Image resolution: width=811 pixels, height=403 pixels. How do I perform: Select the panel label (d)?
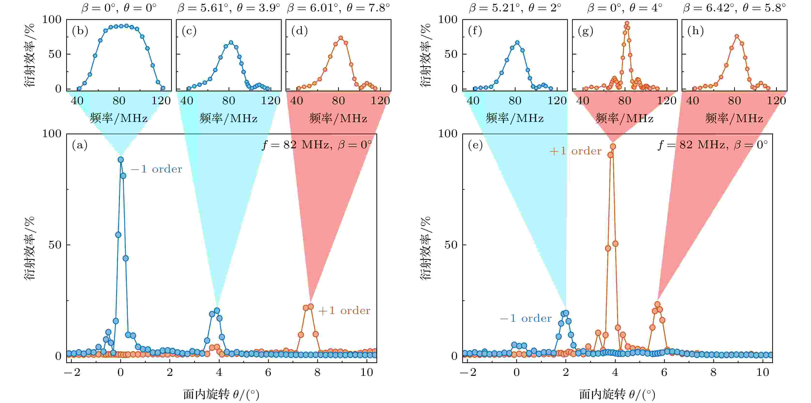click(x=299, y=31)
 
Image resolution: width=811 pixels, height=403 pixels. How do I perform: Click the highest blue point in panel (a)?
click(x=120, y=160)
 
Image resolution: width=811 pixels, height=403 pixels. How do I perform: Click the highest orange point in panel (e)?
click(x=613, y=146)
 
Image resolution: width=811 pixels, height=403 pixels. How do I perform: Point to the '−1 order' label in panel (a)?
click(x=157, y=169)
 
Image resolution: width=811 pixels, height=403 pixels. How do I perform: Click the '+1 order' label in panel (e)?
click(x=575, y=151)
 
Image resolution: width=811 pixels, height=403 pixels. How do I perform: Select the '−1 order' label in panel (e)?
click(x=525, y=319)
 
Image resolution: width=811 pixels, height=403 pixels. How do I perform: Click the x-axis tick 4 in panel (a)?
click(x=219, y=373)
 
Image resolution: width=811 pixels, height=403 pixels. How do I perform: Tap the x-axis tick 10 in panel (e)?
click(x=763, y=373)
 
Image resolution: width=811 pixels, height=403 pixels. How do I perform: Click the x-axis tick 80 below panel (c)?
click(x=229, y=101)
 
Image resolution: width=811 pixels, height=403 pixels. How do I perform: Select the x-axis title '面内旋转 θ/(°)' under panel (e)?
click(x=617, y=395)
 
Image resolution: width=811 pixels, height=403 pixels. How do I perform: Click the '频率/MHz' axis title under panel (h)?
click(x=734, y=119)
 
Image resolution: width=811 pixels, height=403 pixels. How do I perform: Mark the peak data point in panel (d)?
click(x=341, y=38)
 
